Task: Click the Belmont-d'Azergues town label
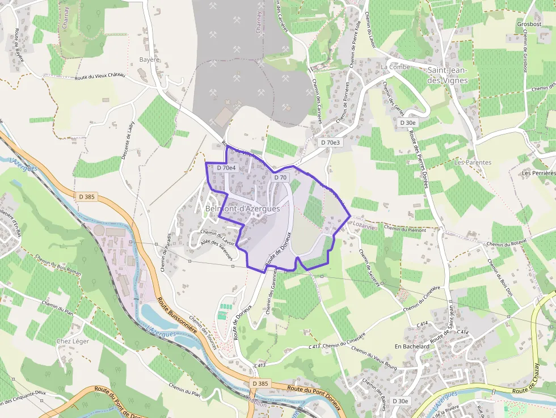coord(242,209)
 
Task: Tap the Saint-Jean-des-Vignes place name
coord(448,75)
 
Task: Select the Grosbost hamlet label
coord(529,24)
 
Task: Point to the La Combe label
coord(395,67)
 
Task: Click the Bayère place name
coord(150,60)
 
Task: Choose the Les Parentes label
coord(473,162)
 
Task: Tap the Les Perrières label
coord(538,172)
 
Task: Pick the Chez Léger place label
coord(73,341)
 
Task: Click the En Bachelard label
coord(412,346)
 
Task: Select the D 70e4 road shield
coord(226,168)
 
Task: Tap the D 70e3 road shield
coord(330,143)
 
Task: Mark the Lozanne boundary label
coord(364,225)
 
